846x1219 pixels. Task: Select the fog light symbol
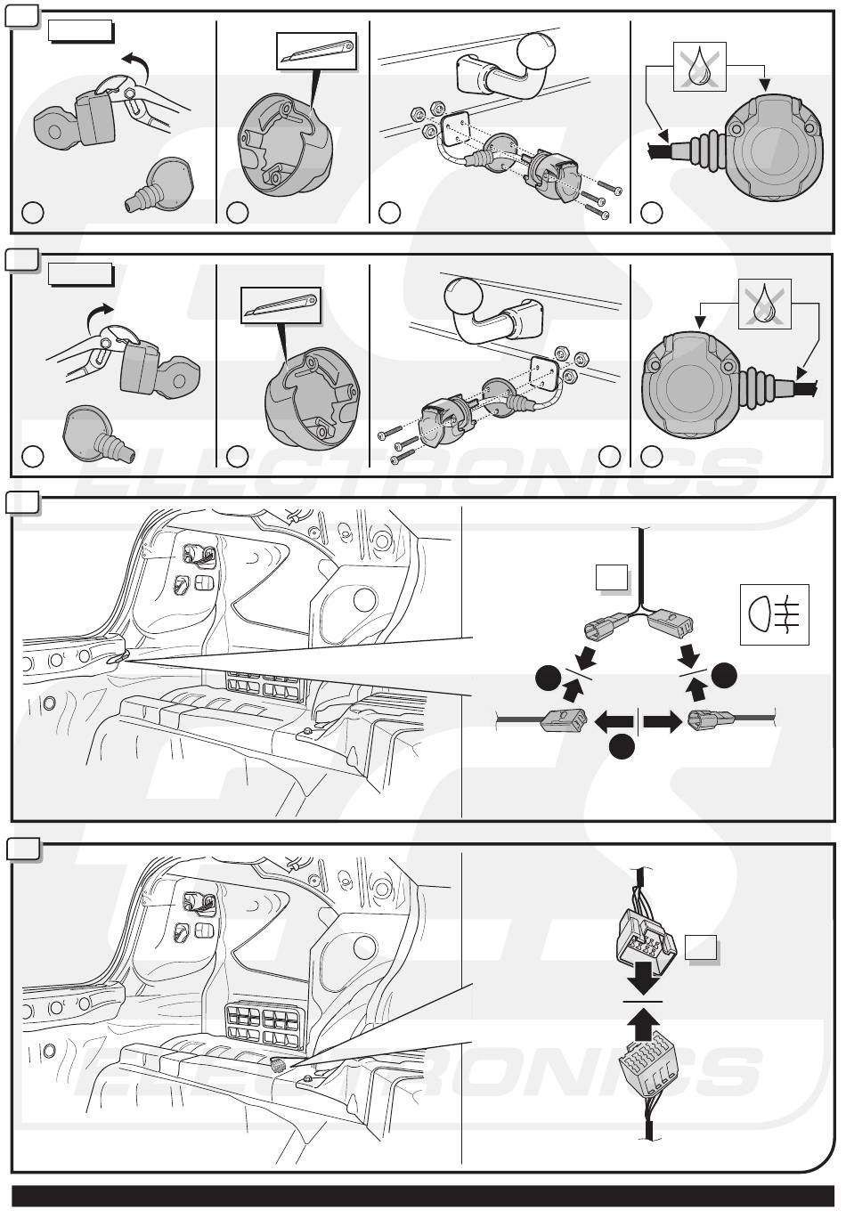pyautogui.click(x=774, y=614)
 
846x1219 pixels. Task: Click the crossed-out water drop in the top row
pyautogui.click(x=701, y=65)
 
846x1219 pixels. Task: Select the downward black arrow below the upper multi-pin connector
pyautogui.click(x=642, y=982)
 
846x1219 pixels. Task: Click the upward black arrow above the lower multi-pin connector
pyautogui.click(x=642, y=1024)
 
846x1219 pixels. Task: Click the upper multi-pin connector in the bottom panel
pyautogui.click(x=642, y=940)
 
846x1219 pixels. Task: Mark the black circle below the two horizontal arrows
pyautogui.click(x=622, y=749)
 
